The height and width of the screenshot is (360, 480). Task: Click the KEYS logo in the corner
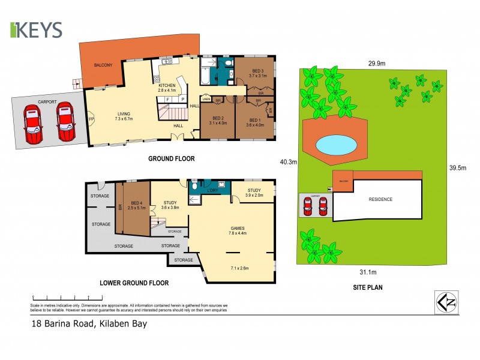(x=36, y=30)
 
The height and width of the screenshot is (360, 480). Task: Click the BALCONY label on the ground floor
(x=103, y=65)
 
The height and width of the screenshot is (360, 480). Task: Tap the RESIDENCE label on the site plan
(x=380, y=199)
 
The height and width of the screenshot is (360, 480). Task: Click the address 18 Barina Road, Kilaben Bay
(x=89, y=324)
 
